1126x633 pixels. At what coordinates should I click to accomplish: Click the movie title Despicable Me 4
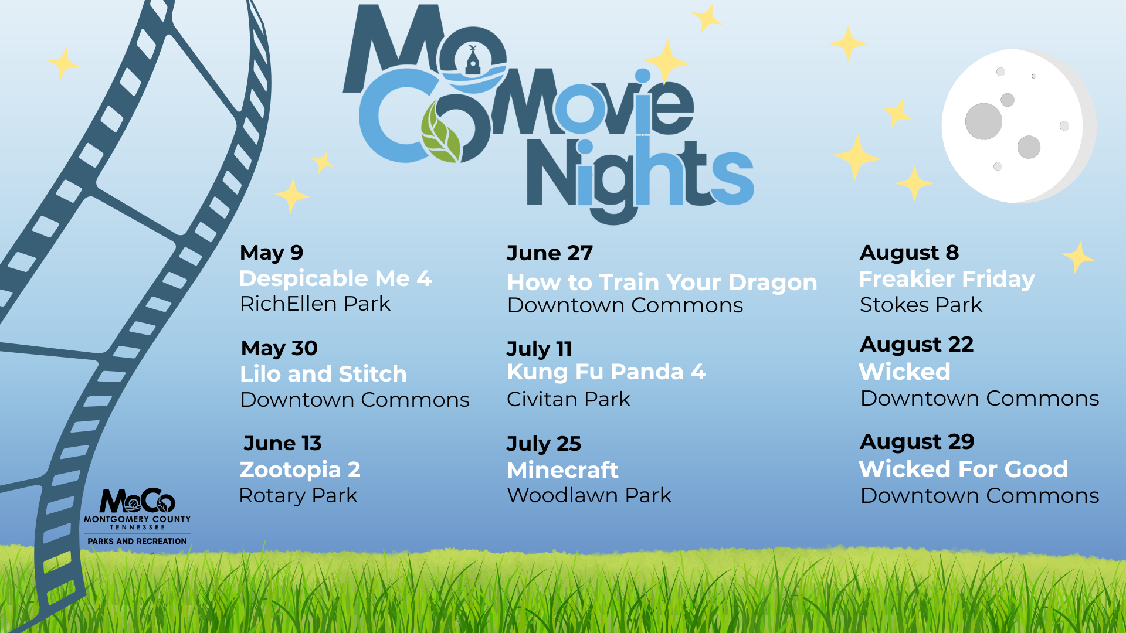335,278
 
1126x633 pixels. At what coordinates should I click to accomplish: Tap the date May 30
279,348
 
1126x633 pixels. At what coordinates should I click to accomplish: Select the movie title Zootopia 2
300,470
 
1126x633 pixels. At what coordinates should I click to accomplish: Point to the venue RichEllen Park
315,304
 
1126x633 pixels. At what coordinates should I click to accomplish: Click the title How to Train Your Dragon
662,283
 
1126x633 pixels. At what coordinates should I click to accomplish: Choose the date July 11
539,349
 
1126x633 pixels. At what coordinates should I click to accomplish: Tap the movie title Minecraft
562,470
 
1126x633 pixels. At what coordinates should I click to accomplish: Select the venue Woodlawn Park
589,495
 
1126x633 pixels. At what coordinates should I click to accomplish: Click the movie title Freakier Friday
947,280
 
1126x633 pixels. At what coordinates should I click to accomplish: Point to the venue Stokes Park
921,305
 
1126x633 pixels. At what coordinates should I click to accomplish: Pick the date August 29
917,442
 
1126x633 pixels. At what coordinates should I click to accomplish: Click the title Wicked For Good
964,469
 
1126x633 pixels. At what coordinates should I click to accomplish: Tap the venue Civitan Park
568,399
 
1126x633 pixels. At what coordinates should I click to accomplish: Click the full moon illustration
1018,126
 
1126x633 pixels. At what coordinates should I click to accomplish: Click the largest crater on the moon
983,121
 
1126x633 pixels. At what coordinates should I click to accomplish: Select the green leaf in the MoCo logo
441,132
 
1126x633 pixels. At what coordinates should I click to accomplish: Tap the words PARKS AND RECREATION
137,541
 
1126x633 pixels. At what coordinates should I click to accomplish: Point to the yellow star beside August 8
1078,257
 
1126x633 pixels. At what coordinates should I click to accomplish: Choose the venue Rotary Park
298,496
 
